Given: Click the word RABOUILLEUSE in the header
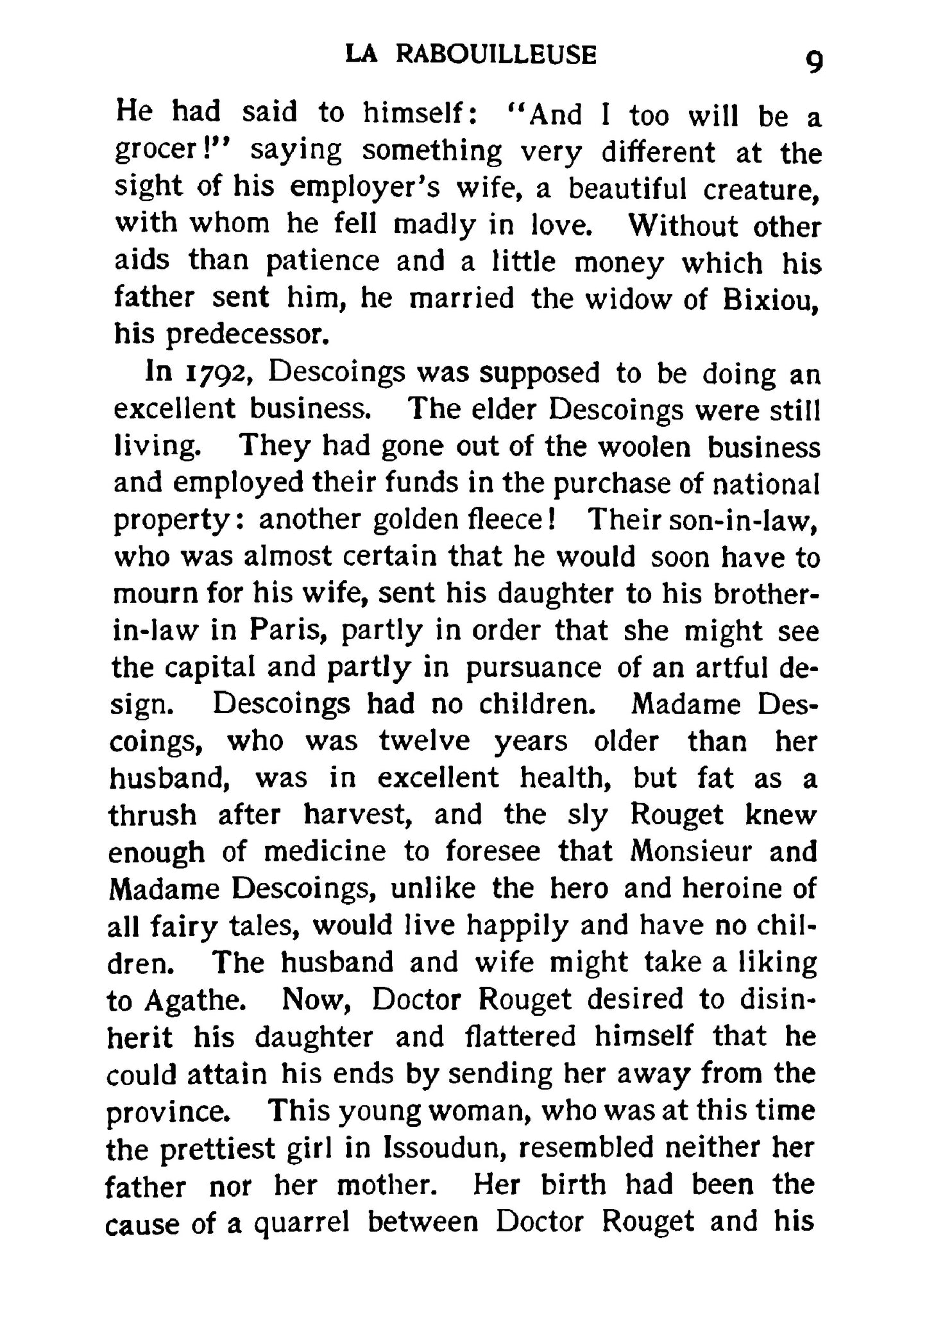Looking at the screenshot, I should tap(496, 55).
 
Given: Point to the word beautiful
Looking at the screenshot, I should tap(628, 189).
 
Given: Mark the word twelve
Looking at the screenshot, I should tap(424, 742).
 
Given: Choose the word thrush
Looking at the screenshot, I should tap(151, 816).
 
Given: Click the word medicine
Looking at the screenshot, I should tap(325, 852).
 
